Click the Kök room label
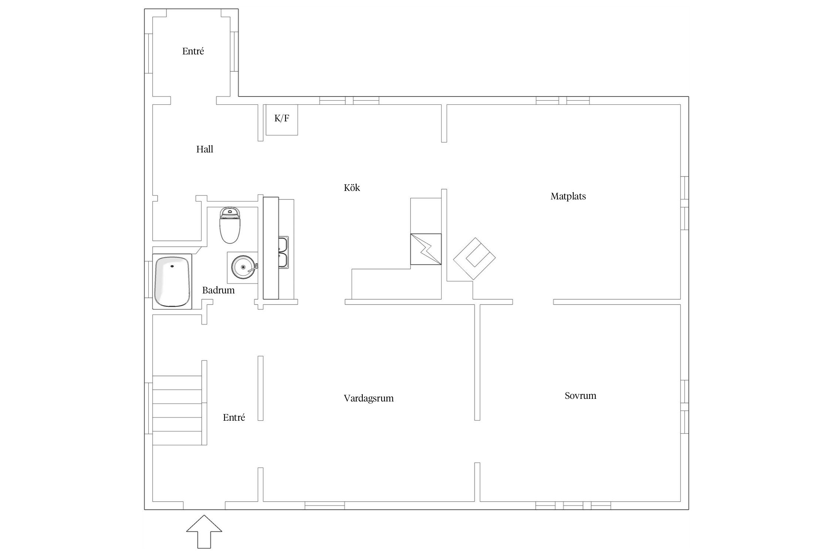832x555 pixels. click(x=352, y=188)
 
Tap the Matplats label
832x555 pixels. click(x=568, y=196)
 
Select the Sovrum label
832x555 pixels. click(x=580, y=396)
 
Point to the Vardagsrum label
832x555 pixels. click(x=369, y=398)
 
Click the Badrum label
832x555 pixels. click(x=218, y=290)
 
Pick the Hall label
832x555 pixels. click(x=204, y=149)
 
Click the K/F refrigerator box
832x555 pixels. click(x=282, y=120)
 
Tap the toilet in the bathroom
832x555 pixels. click(x=230, y=225)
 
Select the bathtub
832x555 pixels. click(x=172, y=282)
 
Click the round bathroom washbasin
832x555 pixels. click(x=243, y=267)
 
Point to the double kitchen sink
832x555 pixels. click(x=284, y=252)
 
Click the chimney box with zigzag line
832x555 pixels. click(x=426, y=249)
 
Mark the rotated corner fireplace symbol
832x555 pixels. click(x=474, y=259)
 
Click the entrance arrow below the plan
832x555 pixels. click(x=204, y=531)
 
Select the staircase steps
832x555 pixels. click(x=177, y=410)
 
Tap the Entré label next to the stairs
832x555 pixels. click(x=234, y=417)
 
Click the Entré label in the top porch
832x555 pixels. click(x=193, y=51)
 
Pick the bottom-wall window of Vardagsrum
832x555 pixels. click(x=325, y=505)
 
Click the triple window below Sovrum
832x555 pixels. click(x=573, y=505)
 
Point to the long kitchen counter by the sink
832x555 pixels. click(x=271, y=248)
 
